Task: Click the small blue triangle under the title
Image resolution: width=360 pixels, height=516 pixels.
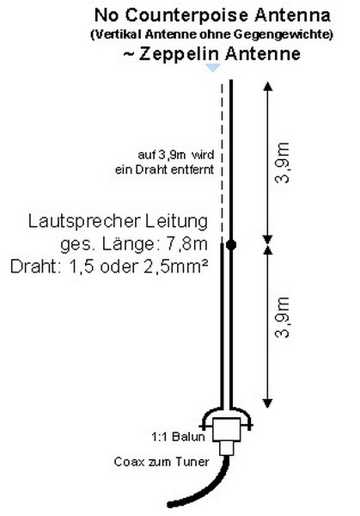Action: [213, 67]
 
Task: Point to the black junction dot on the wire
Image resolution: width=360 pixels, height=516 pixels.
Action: [231, 245]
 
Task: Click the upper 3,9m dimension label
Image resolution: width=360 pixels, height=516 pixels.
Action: [283, 163]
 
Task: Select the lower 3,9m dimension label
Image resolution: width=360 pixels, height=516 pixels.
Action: [283, 317]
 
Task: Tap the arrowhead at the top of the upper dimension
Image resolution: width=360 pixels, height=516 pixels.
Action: [268, 86]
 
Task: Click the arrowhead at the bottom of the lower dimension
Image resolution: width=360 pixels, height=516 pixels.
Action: [268, 403]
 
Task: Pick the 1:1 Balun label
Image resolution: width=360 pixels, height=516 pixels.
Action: [178, 437]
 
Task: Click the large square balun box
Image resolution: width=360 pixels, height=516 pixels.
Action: [227, 429]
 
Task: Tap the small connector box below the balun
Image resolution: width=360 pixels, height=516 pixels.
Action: [227, 448]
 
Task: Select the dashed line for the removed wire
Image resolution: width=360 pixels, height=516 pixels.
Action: [222, 163]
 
